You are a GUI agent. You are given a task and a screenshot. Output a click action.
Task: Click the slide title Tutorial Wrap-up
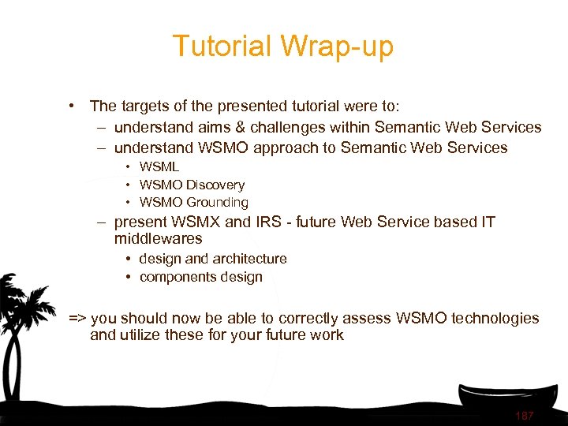[x=282, y=47]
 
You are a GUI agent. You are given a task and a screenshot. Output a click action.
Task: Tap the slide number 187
[x=524, y=416]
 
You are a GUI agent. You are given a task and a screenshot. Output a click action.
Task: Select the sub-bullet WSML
[x=159, y=166]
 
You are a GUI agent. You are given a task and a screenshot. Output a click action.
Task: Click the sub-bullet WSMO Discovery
[x=192, y=185]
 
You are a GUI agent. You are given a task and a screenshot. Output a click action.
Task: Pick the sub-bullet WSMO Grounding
[x=193, y=203]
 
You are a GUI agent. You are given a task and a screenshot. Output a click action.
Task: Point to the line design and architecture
[x=213, y=259]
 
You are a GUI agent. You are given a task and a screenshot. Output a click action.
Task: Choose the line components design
[x=201, y=277]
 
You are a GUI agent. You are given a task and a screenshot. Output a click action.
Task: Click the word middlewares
[x=158, y=238]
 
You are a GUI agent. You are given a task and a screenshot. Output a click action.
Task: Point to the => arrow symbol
[x=77, y=319]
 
